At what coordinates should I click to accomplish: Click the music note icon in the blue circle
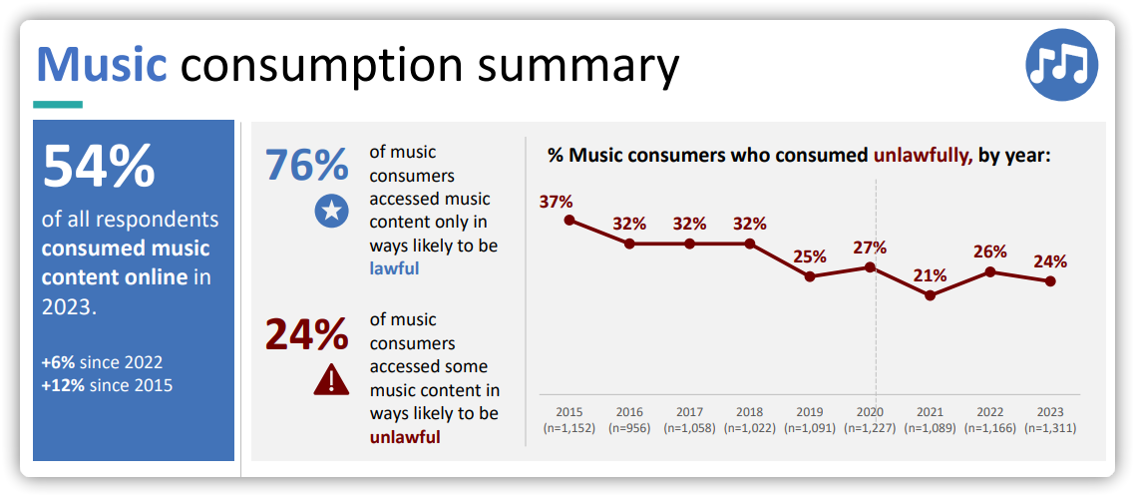pos(1062,65)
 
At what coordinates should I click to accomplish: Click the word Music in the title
pos(102,64)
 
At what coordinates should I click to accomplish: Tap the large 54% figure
pos(99,166)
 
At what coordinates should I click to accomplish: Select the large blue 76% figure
pos(307,164)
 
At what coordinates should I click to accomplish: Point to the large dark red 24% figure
pos(307,334)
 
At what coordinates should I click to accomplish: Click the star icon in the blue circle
pos(331,211)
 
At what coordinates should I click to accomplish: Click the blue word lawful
pos(395,268)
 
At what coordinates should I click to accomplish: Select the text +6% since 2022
pos(102,362)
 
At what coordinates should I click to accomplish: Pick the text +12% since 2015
pos(107,384)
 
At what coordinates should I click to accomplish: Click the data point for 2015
pos(568,220)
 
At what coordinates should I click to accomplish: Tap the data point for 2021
pos(931,295)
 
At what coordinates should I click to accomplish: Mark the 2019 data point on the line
pos(810,276)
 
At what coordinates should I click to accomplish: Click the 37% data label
pos(556,202)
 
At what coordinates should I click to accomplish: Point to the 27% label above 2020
pos(870,248)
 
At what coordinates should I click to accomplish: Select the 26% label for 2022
pos(990,251)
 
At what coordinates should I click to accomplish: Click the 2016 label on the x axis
pos(629,411)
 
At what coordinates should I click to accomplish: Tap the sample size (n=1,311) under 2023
pos(1050,428)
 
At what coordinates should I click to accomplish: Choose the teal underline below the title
pos(58,105)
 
